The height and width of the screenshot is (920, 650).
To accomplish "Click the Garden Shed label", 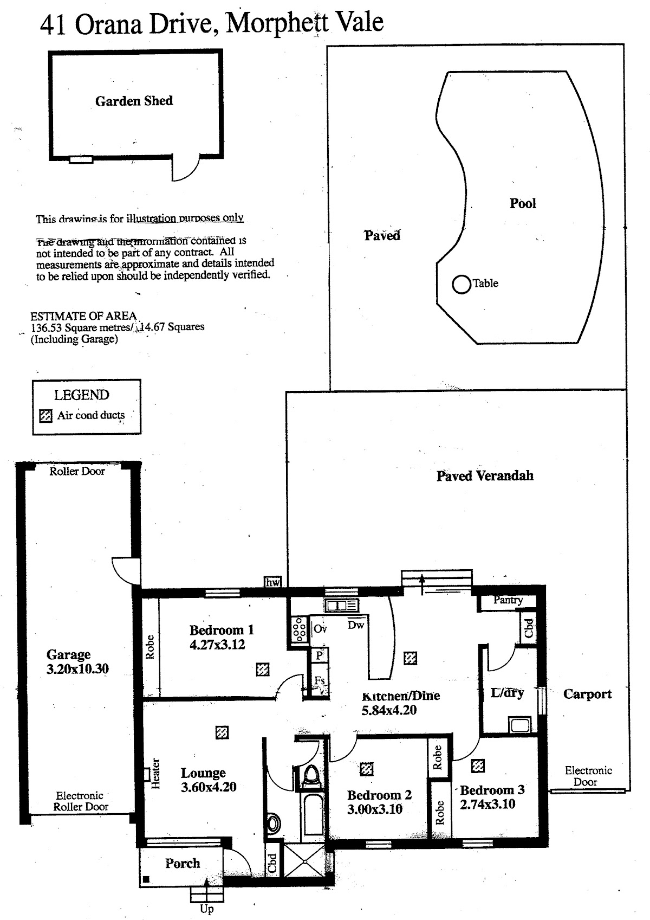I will (134, 101).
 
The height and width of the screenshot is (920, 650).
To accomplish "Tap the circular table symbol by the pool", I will (461, 284).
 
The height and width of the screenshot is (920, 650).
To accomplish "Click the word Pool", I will (523, 204).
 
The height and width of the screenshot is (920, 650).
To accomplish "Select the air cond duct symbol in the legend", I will (46, 416).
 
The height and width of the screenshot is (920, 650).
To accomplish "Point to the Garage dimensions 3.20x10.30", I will (77, 669).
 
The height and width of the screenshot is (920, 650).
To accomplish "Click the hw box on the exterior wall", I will (273, 582).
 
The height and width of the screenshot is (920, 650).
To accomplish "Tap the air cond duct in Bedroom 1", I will (263, 670).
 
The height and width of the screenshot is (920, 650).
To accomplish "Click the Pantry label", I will (508, 600).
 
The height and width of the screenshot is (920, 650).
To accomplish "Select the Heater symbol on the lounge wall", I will (146, 774).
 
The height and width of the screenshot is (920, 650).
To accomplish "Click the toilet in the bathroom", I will (310, 776).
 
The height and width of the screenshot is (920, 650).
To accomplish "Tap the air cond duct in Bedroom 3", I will (478, 765).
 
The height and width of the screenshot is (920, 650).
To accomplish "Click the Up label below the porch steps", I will (206, 909).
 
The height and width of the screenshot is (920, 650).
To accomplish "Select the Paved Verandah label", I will (485, 476).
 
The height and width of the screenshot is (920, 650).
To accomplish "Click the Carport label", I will (587, 694).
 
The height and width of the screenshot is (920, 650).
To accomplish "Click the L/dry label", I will (507, 693).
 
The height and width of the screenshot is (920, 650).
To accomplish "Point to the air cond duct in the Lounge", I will (222, 733).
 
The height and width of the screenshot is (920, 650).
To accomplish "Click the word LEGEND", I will (81, 395).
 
